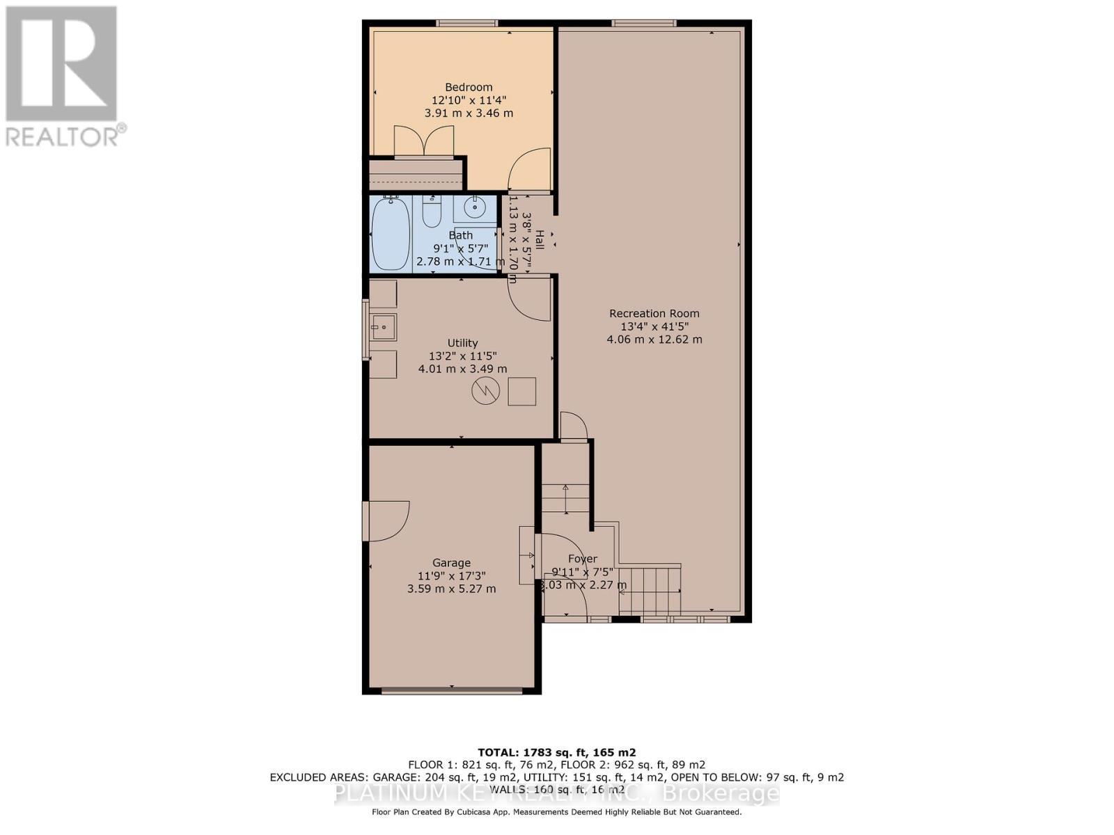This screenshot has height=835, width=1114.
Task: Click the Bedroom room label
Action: [x=469, y=87]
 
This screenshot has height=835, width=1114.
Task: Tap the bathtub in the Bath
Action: [x=390, y=235]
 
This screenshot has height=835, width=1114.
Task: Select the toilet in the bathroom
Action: [x=432, y=213]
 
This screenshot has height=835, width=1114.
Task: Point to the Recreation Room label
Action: [x=654, y=314]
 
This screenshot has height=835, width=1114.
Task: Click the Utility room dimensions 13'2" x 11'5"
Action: [x=462, y=356]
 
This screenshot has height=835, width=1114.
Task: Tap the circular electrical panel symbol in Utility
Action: [x=485, y=391]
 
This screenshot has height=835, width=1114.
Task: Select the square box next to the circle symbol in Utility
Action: [x=521, y=391]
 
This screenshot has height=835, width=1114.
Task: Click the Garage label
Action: [x=451, y=563]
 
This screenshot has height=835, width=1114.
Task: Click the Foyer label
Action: [x=582, y=559]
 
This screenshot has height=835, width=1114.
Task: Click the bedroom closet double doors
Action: [x=423, y=142]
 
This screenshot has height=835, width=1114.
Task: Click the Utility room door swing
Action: [x=530, y=299]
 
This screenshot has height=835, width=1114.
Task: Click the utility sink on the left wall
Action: [x=383, y=326]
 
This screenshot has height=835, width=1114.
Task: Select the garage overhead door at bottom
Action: [x=451, y=691]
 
